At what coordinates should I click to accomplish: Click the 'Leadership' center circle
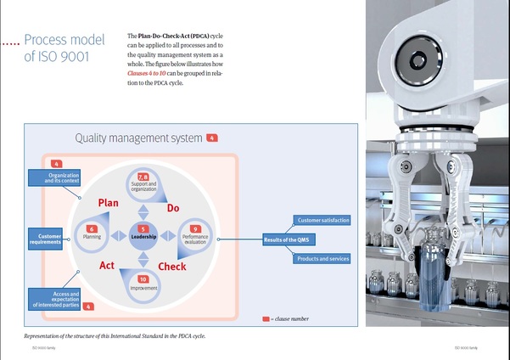click(x=143, y=234)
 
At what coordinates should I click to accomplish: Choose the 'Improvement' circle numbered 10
click(x=143, y=284)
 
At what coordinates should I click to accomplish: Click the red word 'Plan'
click(x=108, y=203)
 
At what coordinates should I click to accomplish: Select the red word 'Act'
click(x=107, y=265)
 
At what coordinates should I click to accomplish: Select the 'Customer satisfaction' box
click(x=322, y=221)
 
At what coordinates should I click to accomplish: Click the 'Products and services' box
click(x=322, y=258)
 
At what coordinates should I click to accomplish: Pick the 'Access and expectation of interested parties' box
click(x=56, y=298)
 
